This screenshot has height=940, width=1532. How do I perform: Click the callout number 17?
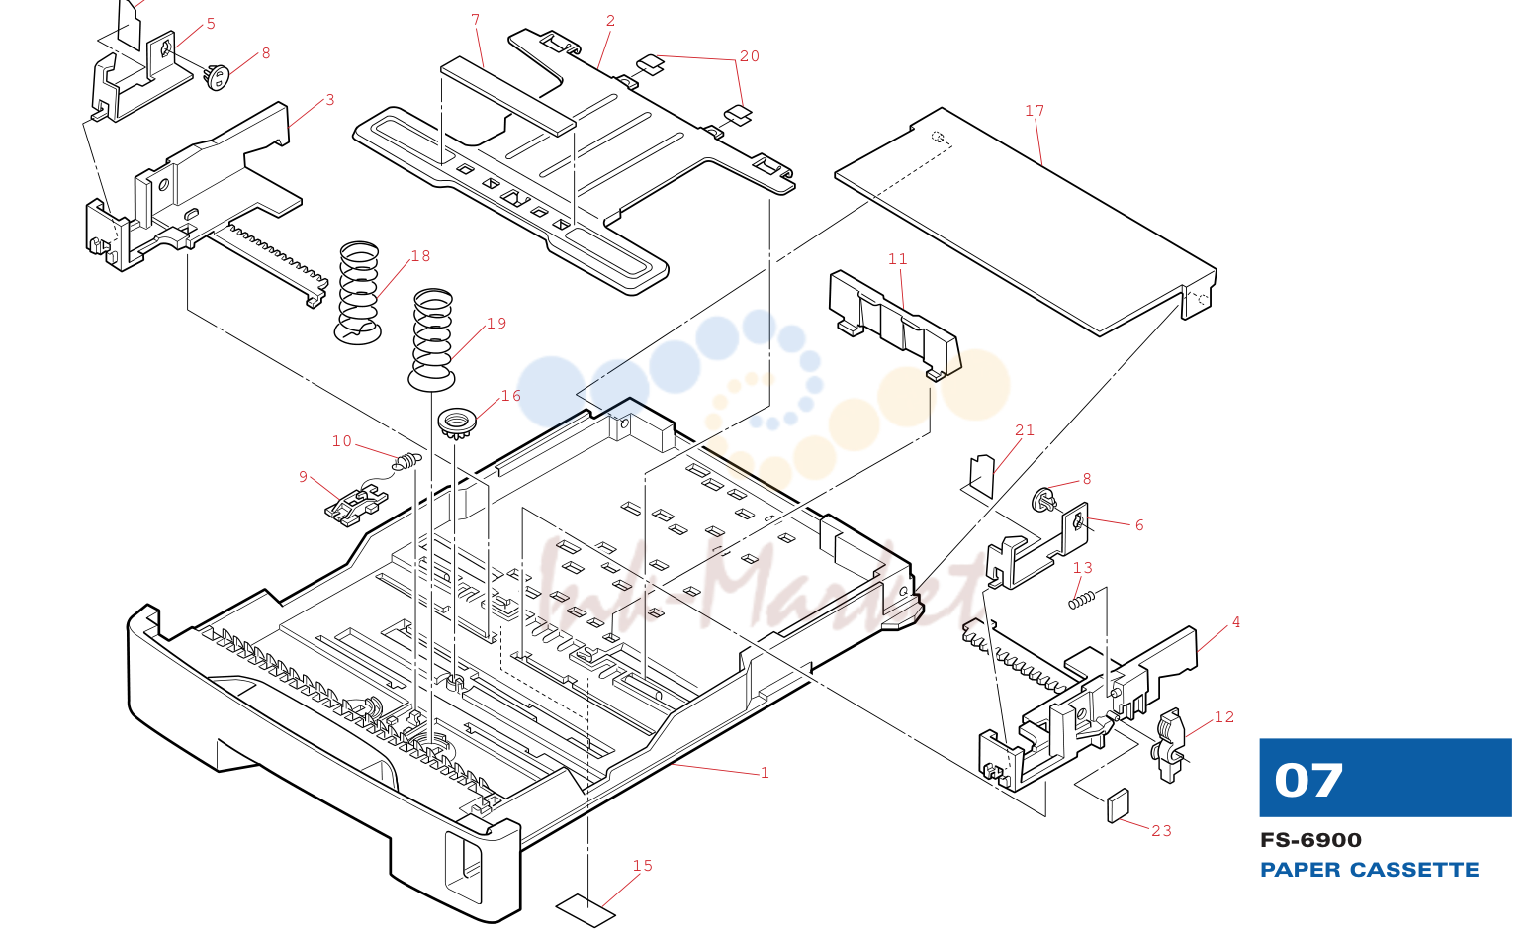(1035, 111)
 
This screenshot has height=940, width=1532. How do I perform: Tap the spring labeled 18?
(358, 293)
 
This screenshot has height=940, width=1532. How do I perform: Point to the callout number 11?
(897, 259)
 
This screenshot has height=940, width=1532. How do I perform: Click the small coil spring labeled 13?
(1081, 599)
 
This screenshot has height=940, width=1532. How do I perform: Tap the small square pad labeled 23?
(1119, 805)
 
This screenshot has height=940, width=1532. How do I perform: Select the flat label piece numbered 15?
(586, 910)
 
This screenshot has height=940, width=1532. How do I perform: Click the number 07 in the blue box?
(1308, 780)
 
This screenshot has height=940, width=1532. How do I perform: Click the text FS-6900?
(1310, 840)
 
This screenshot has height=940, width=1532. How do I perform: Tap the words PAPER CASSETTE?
(1369, 870)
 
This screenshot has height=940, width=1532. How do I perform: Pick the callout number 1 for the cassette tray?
(765, 773)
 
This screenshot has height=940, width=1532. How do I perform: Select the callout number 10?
(342, 441)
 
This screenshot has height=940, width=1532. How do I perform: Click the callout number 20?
(750, 56)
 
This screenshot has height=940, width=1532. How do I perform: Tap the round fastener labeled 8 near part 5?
(218, 76)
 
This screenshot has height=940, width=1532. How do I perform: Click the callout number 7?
(476, 20)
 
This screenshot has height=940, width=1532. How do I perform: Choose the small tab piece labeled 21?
(982, 476)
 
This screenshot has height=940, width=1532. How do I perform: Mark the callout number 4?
(1236, 622)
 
